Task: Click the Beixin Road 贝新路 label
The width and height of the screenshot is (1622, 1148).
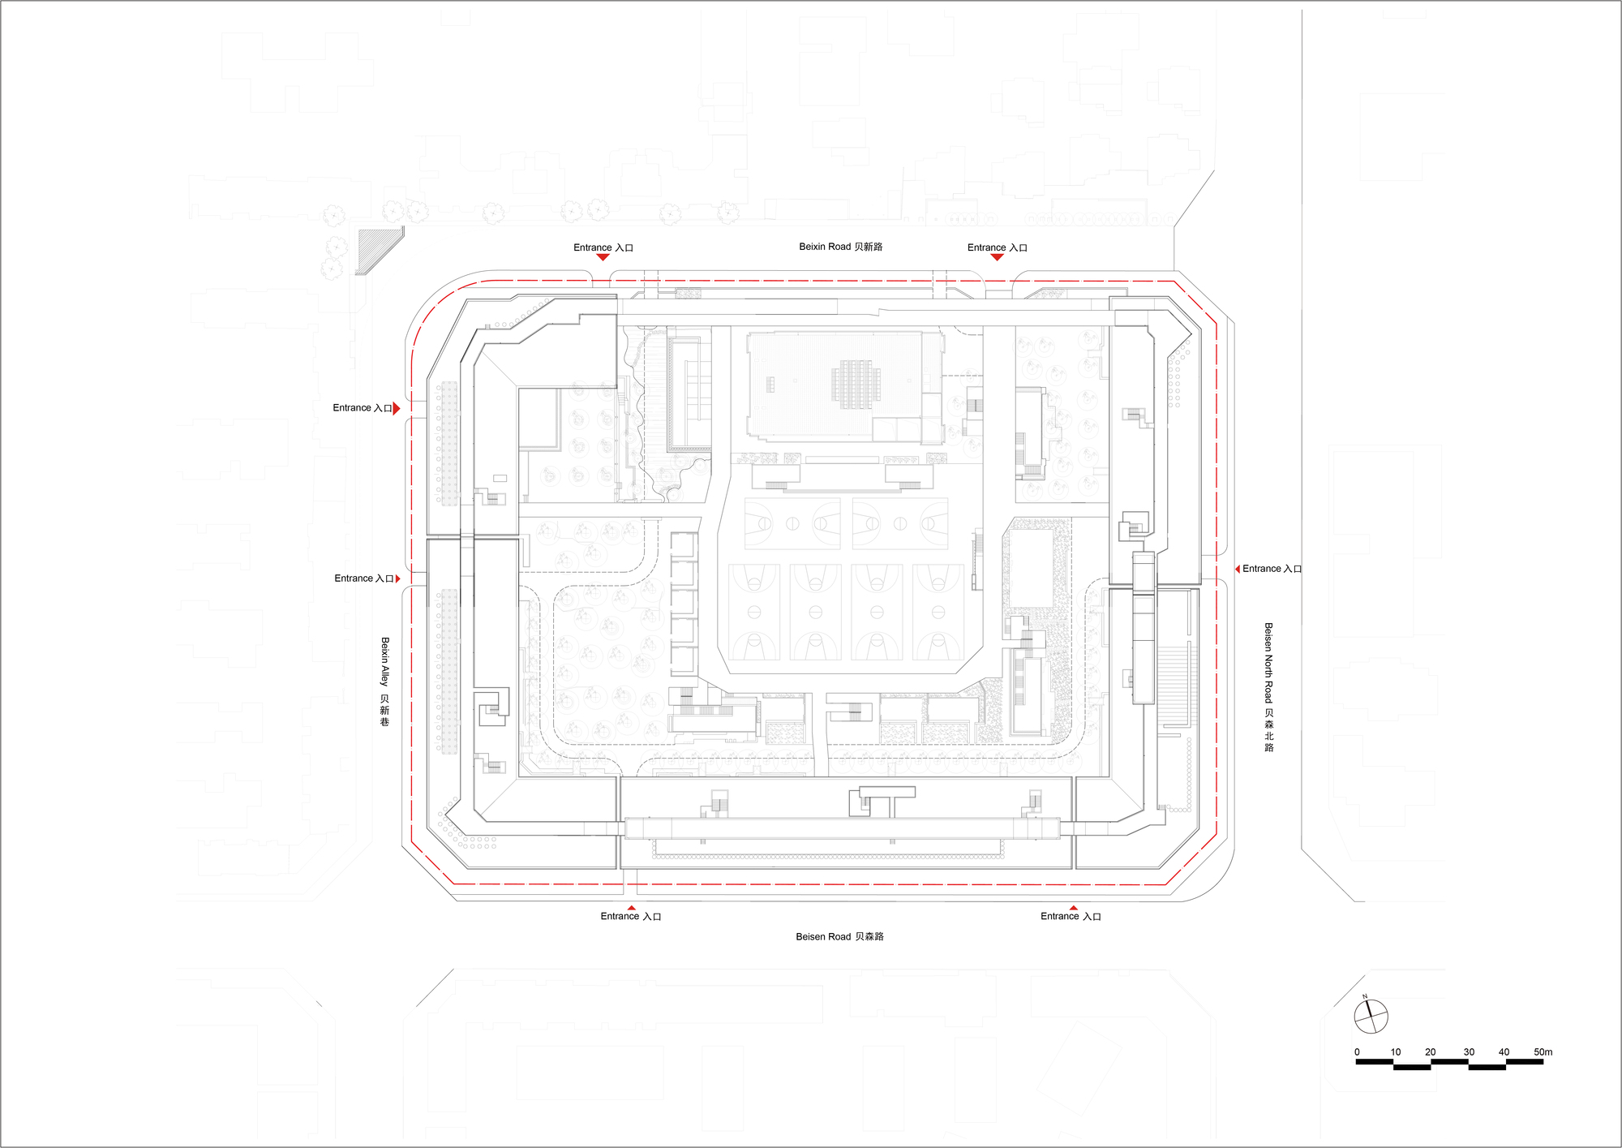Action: click(840, 247)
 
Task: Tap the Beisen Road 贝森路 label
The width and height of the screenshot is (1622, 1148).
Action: click(839, 936)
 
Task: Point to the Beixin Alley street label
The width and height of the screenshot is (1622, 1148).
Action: click(384, 681)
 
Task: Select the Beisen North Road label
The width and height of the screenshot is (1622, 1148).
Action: click(1268, 687)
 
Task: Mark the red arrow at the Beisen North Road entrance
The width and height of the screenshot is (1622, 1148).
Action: click(1237, 569)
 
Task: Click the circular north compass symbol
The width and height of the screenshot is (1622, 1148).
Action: click(1371, 1017)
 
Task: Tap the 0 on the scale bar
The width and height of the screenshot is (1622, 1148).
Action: click(1357, 1052)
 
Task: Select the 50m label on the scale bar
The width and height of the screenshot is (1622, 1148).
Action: click(1543, 1052)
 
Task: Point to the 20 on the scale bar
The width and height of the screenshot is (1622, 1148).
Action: click(1430, 1052)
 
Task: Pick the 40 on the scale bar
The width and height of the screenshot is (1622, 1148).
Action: click(1504, 1052)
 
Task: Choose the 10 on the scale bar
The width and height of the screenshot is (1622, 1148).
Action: click(1395, 1052)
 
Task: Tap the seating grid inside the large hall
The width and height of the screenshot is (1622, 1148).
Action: click(856, 384)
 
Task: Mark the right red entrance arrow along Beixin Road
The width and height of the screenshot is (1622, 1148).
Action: click(998, 257)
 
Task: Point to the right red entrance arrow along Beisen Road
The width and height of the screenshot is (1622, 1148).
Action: click(1073, 908)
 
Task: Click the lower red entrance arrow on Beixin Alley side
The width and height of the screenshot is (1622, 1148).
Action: click(397, 578)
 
